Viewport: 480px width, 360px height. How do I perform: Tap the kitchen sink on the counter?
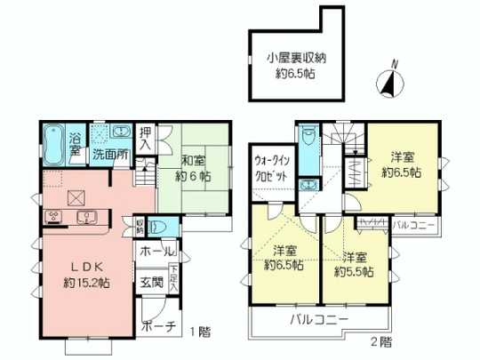point(87,217)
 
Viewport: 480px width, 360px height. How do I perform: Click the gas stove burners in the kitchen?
point(52,216)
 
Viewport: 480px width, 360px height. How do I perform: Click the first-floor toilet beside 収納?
point(156,226)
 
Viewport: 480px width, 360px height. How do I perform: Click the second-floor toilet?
point(308,140)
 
